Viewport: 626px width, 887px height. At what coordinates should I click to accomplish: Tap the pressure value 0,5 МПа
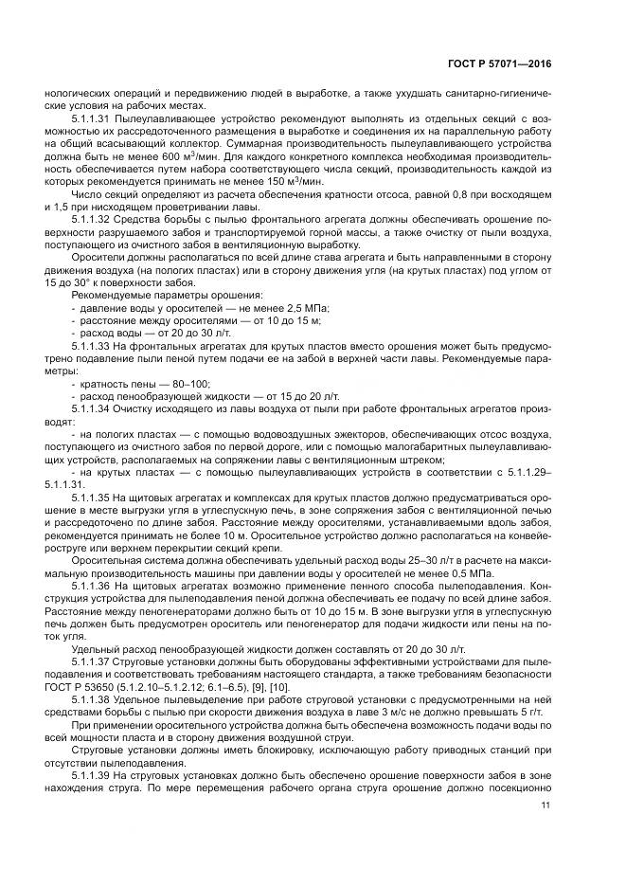click(x=535, y=571)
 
